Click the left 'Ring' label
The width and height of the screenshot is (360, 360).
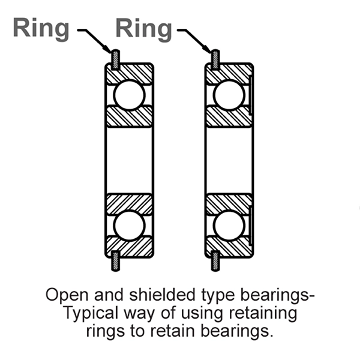[40, 28]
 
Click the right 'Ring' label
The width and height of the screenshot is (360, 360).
[143, 28]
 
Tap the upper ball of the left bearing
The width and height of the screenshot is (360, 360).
[129, 94]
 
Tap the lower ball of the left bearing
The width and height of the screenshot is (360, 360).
[129, 226]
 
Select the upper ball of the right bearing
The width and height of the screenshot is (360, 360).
[229, 94]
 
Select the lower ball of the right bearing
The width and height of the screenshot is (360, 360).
[229, 226]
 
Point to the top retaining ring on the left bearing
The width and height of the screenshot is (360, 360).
[113, 59]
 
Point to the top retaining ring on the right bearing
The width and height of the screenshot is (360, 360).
[214, 59]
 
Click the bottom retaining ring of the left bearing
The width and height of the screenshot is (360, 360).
[113, 260]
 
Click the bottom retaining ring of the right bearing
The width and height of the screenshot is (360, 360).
[214, 260]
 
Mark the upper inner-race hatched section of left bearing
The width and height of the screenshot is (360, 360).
[129, 117]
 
